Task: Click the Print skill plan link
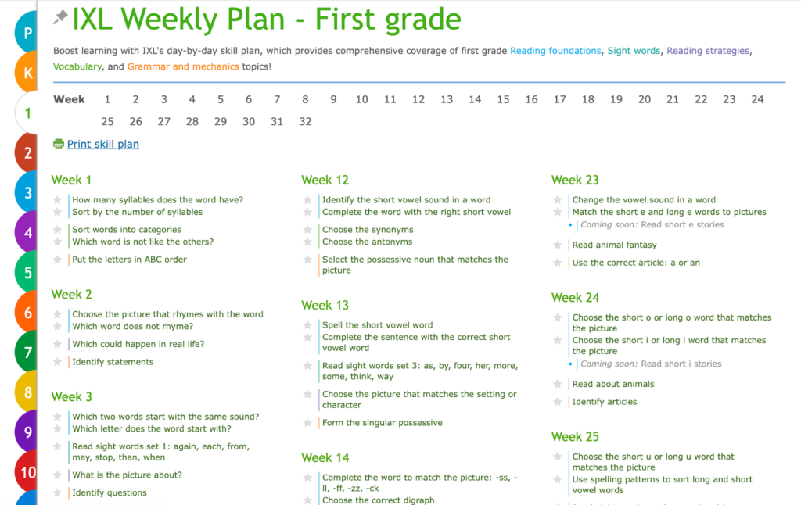tap(102, 144)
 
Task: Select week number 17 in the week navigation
tap(559, 99)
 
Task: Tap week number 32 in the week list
tap(305, 121)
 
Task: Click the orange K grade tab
tap(28, 73)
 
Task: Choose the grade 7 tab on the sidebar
tap(28, 353)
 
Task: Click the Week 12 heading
tap(325, 180)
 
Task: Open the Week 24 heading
tap(575, 297)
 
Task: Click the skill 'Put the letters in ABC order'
tap(129, 260)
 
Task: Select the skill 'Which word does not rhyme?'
tap(132, 326)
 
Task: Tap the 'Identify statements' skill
tap(113, 362)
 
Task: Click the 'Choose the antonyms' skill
tap(367, 242)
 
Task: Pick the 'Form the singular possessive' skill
tap(382, 423)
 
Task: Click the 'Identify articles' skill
tap(604, 402)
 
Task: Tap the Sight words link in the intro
tap(634, 51)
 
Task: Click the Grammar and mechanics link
tap(183, 66)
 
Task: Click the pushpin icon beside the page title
tap(60, 17)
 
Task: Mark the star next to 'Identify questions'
tap(57, 493)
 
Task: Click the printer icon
tap(58, 144)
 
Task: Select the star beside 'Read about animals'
tap(558, 385)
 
